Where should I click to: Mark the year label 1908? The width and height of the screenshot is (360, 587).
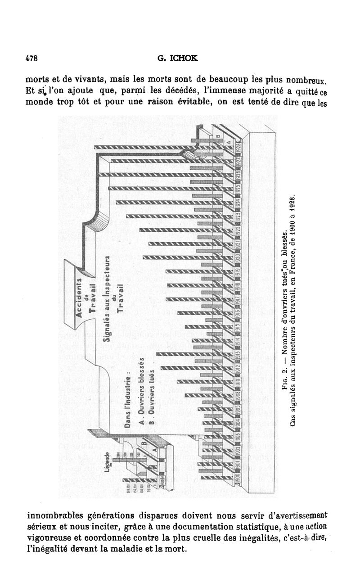(239, 396)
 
